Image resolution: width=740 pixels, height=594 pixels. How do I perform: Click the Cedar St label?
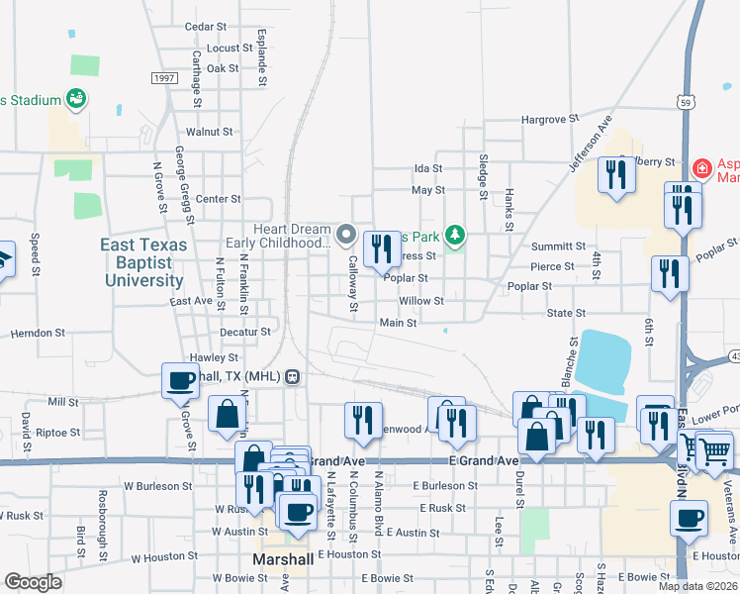click(206, 27)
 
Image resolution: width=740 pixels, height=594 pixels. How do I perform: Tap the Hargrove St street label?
click(550, 120)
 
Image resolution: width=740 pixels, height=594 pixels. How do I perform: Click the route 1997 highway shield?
click(164, 78)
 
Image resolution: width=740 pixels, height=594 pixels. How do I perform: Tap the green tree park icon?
click(455, 236)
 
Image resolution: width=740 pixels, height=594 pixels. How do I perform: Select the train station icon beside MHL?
click(293, 376)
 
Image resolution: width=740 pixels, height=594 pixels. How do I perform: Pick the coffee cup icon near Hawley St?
click(181, 380)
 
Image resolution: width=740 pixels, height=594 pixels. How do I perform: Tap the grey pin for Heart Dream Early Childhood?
click(346, 235)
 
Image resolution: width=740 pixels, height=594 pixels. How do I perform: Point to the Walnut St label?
click(209, 131)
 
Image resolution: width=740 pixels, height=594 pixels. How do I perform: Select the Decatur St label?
click(244, 332)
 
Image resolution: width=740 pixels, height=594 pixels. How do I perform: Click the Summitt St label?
click(558, 247)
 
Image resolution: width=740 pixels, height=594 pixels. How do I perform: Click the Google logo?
click(34, 582)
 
